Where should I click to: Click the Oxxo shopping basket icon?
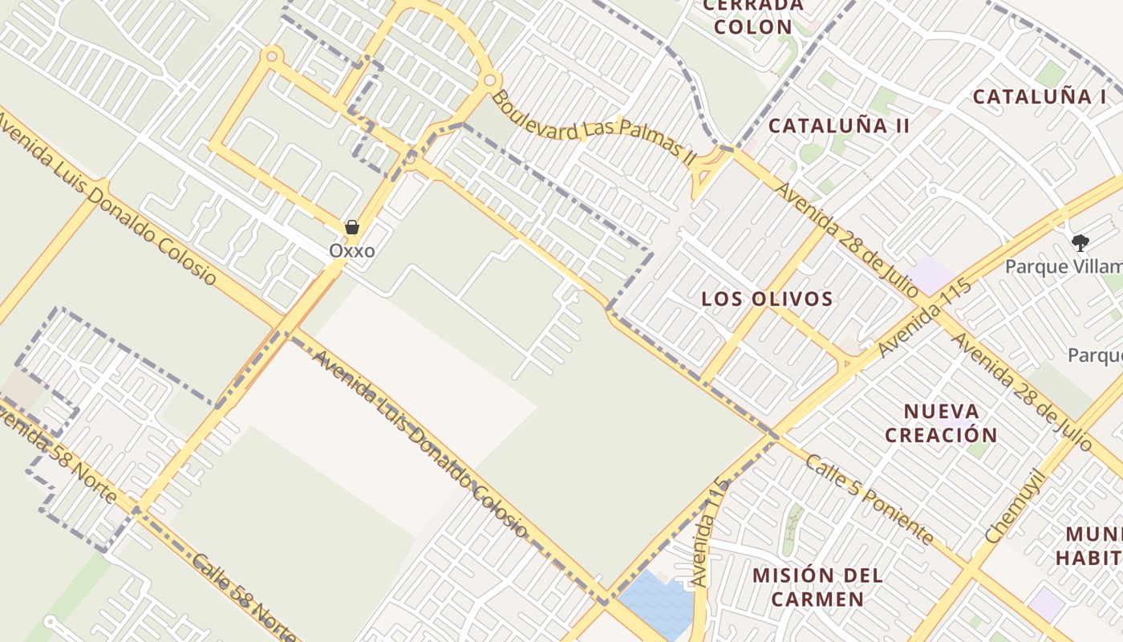351,228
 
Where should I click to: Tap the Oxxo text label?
351,251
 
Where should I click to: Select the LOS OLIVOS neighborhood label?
767,299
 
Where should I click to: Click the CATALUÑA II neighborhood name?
839,126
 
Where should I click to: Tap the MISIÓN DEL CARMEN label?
817,587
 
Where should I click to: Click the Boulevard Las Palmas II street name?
594,129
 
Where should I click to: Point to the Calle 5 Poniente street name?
870,499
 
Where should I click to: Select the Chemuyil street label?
1016,506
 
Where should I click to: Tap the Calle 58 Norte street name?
245,598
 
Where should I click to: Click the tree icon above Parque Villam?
1080,242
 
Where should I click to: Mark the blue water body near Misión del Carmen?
656,603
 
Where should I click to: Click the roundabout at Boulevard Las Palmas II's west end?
491,80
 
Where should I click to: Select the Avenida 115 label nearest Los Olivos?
924,319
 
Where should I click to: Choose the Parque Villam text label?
1064,266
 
